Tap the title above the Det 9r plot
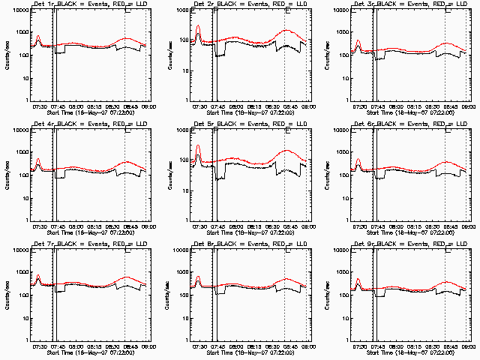[415, 245]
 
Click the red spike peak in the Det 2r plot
[198, 26]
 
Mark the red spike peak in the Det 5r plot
[198, 145]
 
